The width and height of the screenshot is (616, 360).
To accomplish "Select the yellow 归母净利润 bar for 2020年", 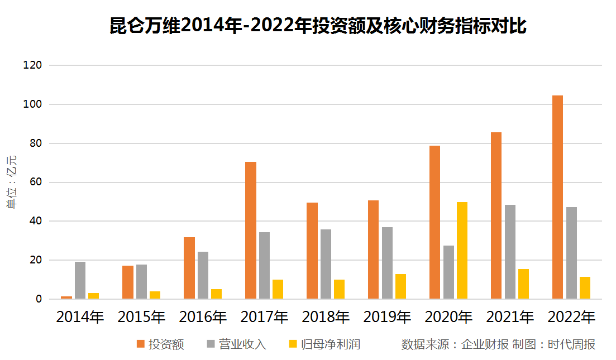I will tap(462, 251).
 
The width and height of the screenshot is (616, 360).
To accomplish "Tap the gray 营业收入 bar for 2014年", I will tap(80, 280).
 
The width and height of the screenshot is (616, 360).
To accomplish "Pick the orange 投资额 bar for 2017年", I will tap(251, 231).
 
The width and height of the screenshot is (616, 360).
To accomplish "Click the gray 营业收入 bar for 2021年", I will tap(510, 252).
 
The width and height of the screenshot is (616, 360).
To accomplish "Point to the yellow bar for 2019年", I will tap(401, 286).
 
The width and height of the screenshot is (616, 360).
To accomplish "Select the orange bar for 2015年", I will tap(128, 282).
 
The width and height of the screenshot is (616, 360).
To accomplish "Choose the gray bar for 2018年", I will tap(326, 264).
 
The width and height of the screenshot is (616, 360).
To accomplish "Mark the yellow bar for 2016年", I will tap(217, 294).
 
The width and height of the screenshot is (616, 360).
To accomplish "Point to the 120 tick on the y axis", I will tap(33, 65).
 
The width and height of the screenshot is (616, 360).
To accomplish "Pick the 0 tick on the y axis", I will tap(39, 299).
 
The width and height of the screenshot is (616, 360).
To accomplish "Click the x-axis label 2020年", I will tap(448, 317).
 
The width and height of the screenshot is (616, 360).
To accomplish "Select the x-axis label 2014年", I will tap(80, 317).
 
